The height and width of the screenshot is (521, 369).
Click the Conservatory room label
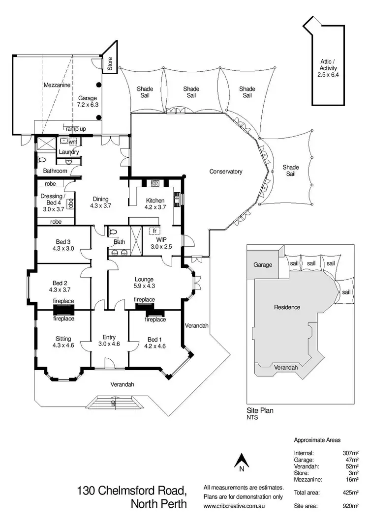tap(226, 172)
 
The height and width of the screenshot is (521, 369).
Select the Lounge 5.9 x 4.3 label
tap(144, 282)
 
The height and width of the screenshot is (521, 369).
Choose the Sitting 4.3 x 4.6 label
tap(63, 342)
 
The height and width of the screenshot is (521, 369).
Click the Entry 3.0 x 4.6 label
tap(109, 340)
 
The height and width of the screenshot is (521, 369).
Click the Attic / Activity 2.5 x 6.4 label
tap(328, 68)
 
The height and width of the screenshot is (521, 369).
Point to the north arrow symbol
tap(241, 462)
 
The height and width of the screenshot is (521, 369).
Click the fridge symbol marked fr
tap(154, 230)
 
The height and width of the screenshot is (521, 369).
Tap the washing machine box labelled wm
tap(73, 142)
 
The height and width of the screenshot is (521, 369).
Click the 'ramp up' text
tap(76, 128)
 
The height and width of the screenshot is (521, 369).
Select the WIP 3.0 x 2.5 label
tap(161, 243)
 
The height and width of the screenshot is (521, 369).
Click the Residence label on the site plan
tap(287, 307)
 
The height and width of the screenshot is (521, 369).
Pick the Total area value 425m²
tap(349, 492)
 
